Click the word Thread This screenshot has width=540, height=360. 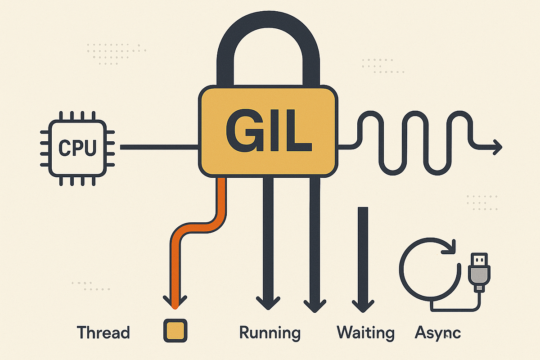103,333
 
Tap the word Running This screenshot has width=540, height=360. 270,333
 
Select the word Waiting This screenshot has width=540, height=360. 365,333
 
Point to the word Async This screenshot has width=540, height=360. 437,333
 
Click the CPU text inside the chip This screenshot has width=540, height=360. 78,147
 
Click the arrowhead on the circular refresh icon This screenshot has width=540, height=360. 448,246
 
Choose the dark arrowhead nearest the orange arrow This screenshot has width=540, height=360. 268,302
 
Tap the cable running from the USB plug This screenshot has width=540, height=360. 454,309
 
